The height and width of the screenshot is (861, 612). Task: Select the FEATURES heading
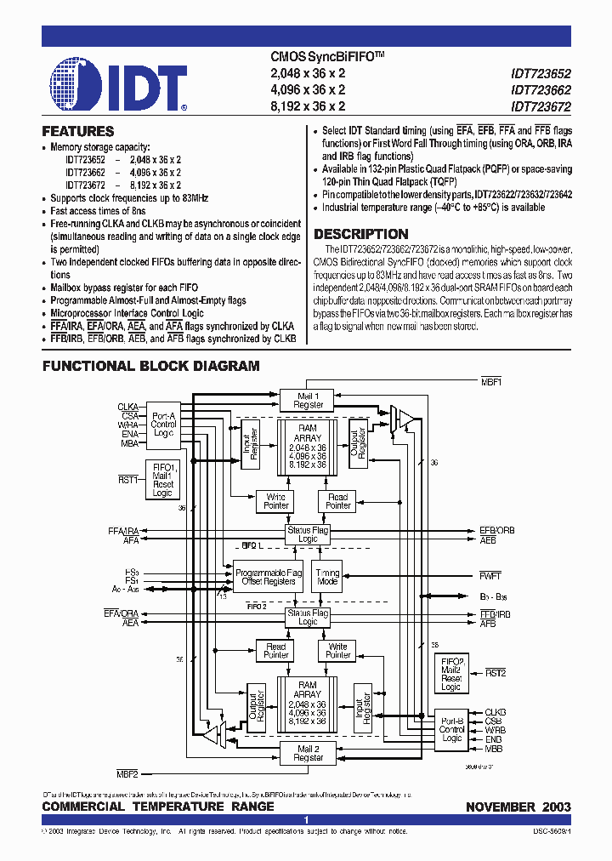(x=78, y=132)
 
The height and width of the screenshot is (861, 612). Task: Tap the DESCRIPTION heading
(x=361, y=235)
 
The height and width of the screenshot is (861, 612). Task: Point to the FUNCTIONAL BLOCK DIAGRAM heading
(x=151, y=366)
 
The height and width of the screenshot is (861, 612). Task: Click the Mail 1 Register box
(x=308, y=400)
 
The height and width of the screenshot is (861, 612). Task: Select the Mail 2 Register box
(x=308, y=752)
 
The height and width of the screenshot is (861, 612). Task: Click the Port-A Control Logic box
(x=163, y=424)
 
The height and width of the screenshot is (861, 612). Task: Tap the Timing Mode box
(x=327, y=578)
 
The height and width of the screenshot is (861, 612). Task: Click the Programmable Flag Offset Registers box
(x=269, y=578)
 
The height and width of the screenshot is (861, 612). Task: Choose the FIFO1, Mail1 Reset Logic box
(x=163, y=480)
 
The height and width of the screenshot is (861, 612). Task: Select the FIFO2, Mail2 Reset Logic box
(x=451, y=674)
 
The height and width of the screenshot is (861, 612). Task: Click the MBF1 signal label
(x=492, y=382)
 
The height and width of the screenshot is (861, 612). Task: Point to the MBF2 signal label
(x=127, y=773)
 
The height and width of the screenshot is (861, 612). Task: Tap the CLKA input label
(x=127, y=406)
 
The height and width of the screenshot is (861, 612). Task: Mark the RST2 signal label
(x=496, y=673)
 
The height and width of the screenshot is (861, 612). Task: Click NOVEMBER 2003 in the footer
(x=518, y=807)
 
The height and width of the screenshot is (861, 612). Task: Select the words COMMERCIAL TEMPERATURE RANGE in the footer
(x=158, y=807)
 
